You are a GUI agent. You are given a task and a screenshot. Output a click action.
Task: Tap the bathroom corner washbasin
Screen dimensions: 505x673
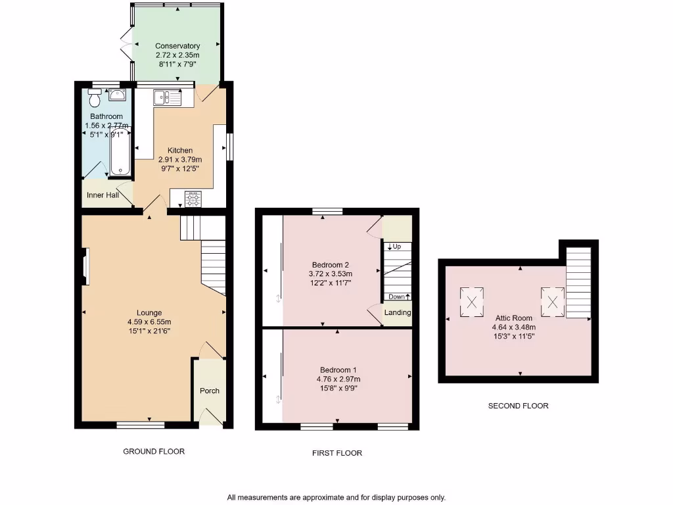[118, 95]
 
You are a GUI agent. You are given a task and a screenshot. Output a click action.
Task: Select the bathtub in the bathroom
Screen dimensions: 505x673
[120, 151]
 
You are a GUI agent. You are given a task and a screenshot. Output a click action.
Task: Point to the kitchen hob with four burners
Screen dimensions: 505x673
[193, 199]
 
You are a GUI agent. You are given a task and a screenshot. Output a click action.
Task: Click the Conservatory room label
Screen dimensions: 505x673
[177, 46]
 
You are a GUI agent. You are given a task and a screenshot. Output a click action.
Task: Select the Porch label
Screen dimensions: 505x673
[210, 391]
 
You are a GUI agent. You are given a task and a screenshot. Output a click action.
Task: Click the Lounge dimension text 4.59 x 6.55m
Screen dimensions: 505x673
[149, 322]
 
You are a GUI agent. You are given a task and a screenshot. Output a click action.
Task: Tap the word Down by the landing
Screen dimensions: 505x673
[396, 297]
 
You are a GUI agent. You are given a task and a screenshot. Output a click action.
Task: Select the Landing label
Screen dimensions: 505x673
[398, 312]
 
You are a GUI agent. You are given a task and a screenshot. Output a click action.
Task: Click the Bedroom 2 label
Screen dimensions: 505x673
[331, 265]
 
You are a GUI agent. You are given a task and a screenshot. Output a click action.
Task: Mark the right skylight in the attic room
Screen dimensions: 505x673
[553, 302]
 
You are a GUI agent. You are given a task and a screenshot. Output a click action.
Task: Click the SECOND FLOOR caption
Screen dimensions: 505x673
[518, 406]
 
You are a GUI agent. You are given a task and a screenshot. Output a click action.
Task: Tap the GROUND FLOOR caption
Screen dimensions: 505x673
[154, 451]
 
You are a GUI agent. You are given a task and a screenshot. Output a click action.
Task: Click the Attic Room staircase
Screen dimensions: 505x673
[578, 281]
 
